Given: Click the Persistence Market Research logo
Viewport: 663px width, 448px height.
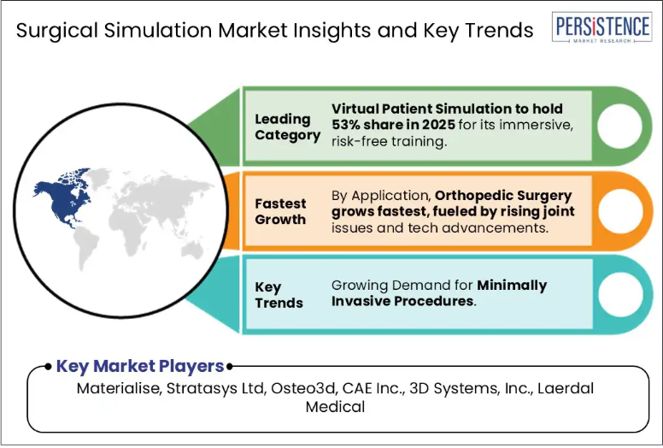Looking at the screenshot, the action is pyautogui.click(x=601, y=27).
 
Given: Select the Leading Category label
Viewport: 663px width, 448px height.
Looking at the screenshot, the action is pyautogui.click(x=288, y=127).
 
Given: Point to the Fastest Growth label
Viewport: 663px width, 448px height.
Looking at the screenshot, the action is pyautogui.click(x=280, y=211).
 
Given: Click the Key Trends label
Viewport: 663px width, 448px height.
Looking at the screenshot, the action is pyautogui.click(x=279, y=295).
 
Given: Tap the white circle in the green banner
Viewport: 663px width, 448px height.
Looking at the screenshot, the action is pyautogui.click(x=620, y=126).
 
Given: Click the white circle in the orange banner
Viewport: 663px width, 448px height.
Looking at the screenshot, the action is pyautogui.click(x=621, y=211).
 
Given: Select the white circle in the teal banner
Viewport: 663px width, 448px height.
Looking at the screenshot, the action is pyautogui.click(x=621, y=294).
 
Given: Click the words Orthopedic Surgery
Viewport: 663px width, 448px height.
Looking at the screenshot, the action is pyautogui.click(x=503, y=196).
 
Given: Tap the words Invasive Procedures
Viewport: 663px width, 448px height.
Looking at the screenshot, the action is pyautogui.click(x=402, y=301).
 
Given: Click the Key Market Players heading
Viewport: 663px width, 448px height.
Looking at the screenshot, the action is pyautogui.click(x=140, y=367).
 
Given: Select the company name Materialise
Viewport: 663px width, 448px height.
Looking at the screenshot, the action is pyautogui.click(x=118, y=388).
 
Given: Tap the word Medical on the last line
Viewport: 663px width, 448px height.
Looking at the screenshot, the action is pyautogui.click(x=335, y=407).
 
